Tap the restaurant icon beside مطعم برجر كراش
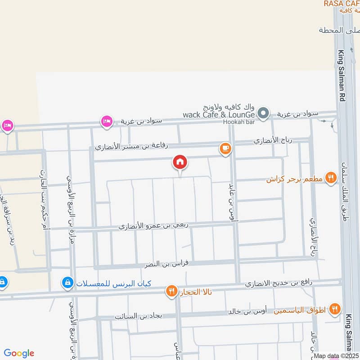click(331, 178)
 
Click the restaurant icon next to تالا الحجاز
click(171, 291)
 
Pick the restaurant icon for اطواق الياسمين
click(334, 309)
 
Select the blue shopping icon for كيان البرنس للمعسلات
click(67, 283)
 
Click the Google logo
click(19, 353)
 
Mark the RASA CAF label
click(342, 4)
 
